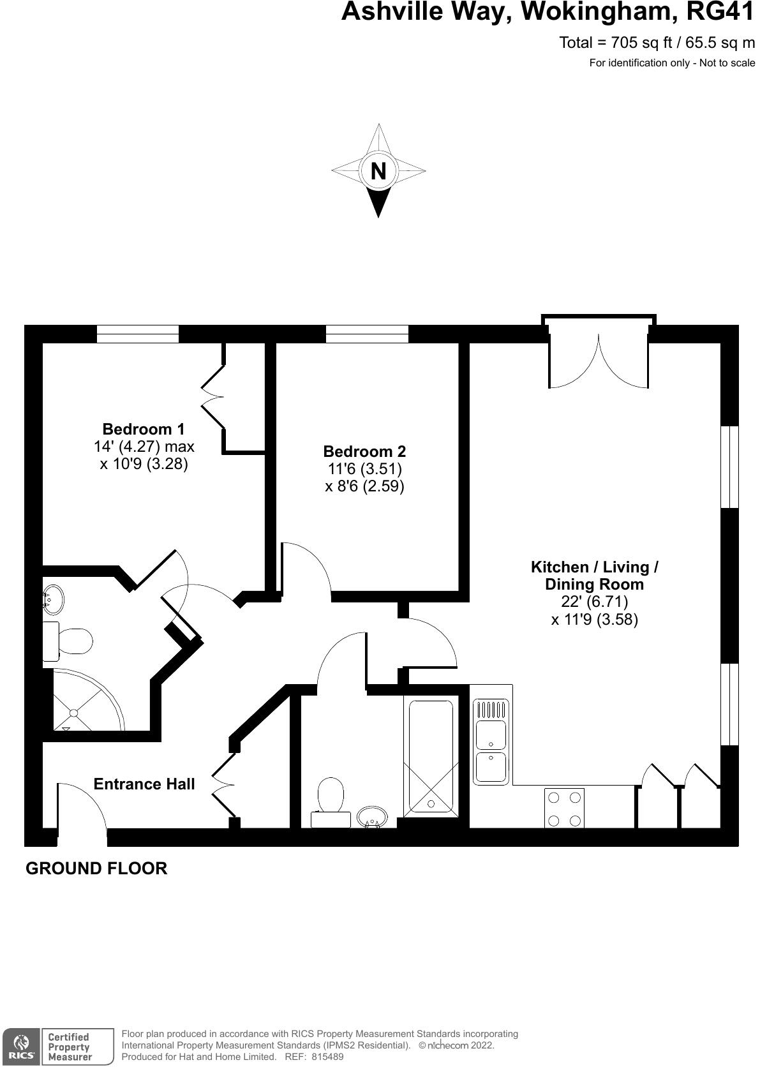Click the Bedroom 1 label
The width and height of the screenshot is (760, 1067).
pyautogui.click(x=144, y=428)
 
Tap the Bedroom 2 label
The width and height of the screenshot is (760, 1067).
pyautogui.click(x=364, y=451)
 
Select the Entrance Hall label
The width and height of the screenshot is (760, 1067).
pyautogui.click(x=144, y=784)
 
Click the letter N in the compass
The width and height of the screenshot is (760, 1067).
pyautogui.click(x=378, y=171)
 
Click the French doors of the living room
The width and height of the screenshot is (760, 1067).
pyautogui.click(x=599, y=361)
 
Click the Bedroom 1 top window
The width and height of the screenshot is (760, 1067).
pyautogui.click(x=137, y=334)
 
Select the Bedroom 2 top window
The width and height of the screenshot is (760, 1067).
pyautogui.click(x=367, y=334)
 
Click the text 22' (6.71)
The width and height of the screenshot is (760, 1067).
pyautogui.click(x=594, y=601)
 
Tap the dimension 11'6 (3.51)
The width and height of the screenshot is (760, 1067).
pyautogui.click(x=364, y=469)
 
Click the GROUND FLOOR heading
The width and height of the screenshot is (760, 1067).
pyautogui.click(x=96, y=868)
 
